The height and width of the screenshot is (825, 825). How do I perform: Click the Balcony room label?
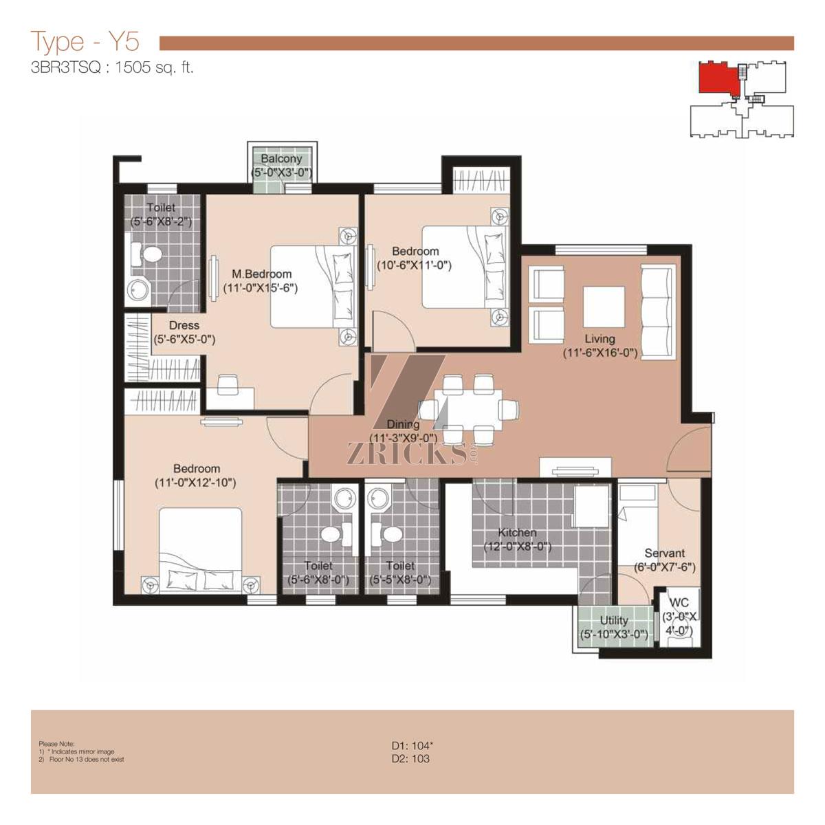click(281, 159)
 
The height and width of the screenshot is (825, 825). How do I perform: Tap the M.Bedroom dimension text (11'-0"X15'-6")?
click(261, 288)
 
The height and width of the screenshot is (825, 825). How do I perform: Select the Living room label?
click(599, 339)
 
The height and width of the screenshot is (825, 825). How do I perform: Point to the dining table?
click(468, 410)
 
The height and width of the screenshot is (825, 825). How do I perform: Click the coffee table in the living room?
click(604, 307)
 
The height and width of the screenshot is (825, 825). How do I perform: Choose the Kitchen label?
click(517, 533)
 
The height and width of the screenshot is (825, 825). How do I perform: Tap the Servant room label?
click(664, 553)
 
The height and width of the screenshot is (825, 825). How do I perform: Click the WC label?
click(679, 603)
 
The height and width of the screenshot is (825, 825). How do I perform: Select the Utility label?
click(614, 620)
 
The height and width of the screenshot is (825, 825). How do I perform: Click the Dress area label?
click(184, 325)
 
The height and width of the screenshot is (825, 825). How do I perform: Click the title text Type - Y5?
click(86, 41)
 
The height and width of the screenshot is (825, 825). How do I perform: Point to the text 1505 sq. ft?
click(154, 67)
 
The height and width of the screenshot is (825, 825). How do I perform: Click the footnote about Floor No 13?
click(81, 759)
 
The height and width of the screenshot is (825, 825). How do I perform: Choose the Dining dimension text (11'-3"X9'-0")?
click(404, 438)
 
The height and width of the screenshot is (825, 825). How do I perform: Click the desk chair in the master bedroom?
click(228, 384)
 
